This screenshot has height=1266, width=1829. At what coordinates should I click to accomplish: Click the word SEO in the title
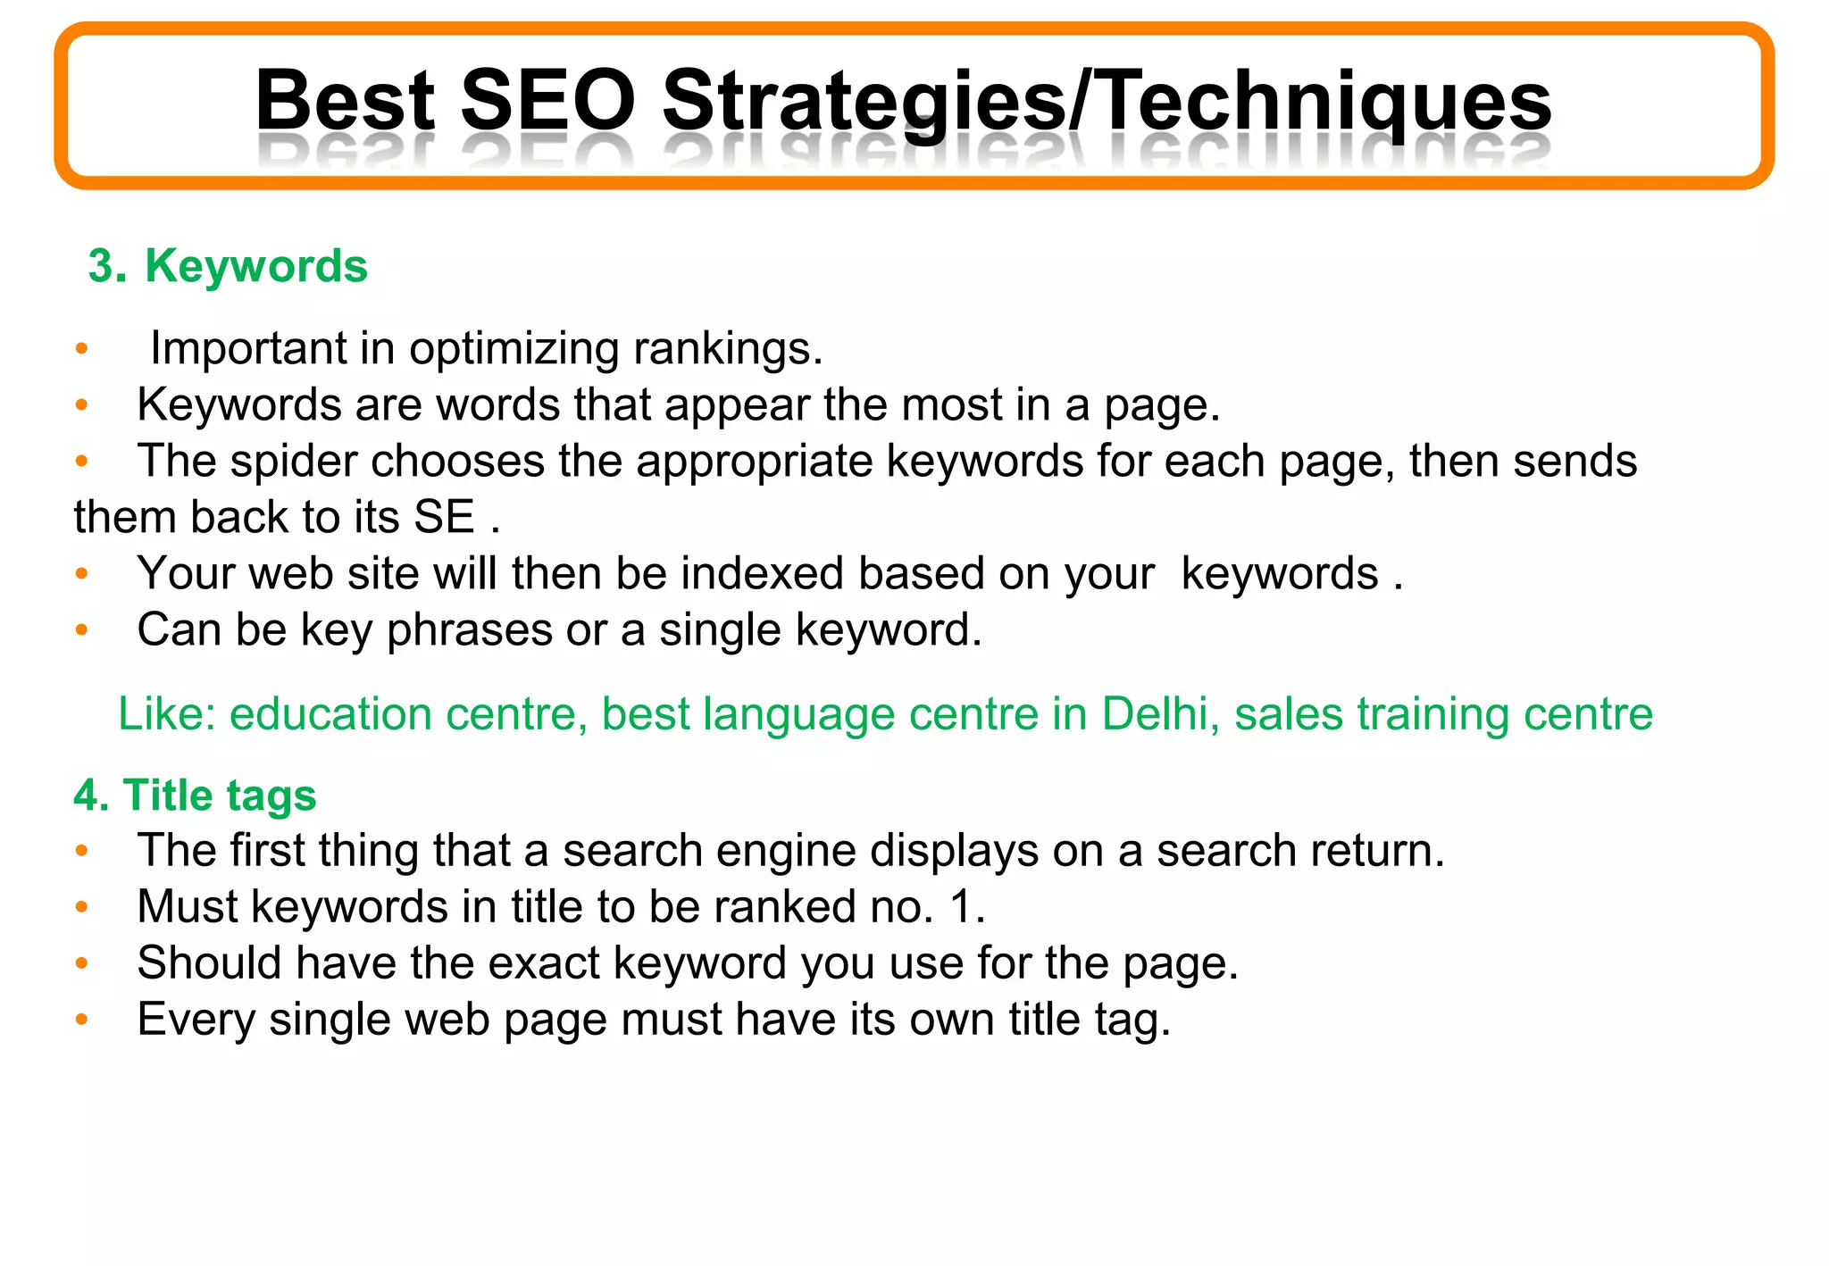547,100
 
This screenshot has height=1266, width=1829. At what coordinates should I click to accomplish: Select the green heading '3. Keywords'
228,266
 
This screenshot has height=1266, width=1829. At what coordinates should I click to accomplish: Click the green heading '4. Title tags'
195,795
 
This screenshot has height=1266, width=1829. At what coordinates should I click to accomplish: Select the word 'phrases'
469,631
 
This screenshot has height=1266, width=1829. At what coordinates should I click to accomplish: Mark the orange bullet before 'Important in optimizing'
82,348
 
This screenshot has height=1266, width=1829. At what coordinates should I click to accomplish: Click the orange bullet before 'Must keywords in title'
82,907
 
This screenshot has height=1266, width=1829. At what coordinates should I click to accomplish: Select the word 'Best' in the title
345,100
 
